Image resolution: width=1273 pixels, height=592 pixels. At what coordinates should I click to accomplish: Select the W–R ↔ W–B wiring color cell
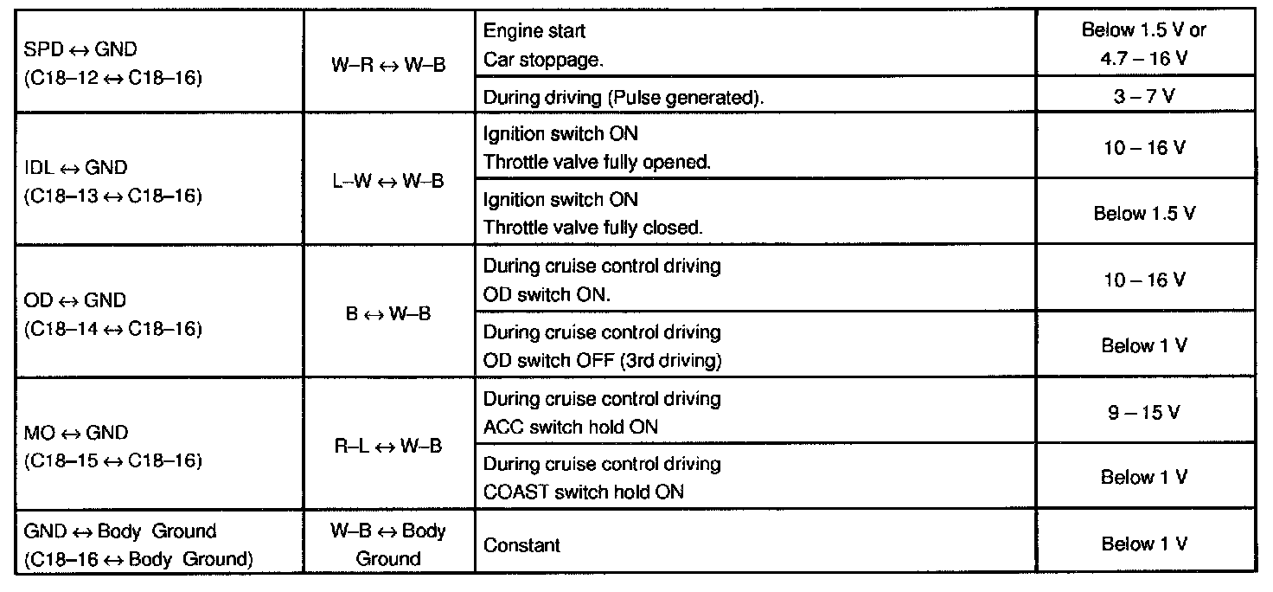tap(388, 64)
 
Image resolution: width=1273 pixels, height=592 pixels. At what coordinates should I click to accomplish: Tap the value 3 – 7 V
tap(1144, 96)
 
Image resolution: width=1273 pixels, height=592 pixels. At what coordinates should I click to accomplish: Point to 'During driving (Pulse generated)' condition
tap(623, 98)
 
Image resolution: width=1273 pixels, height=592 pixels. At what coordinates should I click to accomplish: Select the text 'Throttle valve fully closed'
tap(593, 228)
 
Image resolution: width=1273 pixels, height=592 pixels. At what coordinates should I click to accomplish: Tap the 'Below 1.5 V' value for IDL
tap(1144, 214)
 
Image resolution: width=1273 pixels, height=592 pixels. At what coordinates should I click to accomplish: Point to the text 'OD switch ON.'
tap(547, 294)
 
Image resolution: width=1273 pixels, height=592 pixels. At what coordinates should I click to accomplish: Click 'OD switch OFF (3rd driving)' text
tap(602, 360)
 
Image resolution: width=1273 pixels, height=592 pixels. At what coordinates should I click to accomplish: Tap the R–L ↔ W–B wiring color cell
tap(388, 447)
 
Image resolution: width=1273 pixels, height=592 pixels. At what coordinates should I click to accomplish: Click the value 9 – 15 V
tap(1144, 413)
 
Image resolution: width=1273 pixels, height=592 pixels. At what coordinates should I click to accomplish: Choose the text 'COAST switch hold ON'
tap(584, 492)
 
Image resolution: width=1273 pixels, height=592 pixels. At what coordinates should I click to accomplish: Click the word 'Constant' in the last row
tap(521, 545)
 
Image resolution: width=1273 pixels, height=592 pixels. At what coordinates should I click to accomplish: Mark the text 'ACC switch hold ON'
tap(571, 427)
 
